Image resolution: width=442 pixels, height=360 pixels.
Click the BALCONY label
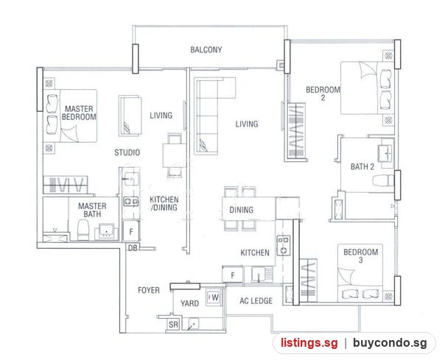[x=206, y=50]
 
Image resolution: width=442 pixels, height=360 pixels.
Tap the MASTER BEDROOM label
[x=80, y=113]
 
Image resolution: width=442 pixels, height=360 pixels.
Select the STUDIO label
[x=127, y=152]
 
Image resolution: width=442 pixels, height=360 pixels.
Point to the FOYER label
[x=149, y=290]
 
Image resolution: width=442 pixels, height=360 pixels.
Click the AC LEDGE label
[x=256, y=301]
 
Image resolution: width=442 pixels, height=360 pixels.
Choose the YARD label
[x=190, y=303]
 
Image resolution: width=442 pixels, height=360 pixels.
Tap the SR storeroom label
[x=173, y=325]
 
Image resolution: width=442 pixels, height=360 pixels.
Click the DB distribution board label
[x=133, y=248]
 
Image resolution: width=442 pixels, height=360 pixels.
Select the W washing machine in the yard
[x=214, y=297]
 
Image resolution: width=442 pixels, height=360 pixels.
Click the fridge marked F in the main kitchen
[x=233, y=275]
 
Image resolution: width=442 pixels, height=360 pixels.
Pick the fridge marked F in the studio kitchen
[x=131, y=232]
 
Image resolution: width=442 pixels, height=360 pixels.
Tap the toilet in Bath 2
[x=383, y=180]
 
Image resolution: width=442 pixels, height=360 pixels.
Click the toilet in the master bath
[x=83, y=230]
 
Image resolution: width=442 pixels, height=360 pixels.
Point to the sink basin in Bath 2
[x=385, y=154]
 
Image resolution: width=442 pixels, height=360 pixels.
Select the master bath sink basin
[x=106, y=232]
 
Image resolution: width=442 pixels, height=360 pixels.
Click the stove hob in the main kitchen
[x=283, y=245]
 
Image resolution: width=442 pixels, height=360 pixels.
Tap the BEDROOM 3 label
[x=361, y=255]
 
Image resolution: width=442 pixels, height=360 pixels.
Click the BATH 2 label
[x=362, y=167]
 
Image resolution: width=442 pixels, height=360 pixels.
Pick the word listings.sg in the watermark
[x=309, y=343]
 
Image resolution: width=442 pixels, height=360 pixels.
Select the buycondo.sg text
[x=390, y=343]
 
